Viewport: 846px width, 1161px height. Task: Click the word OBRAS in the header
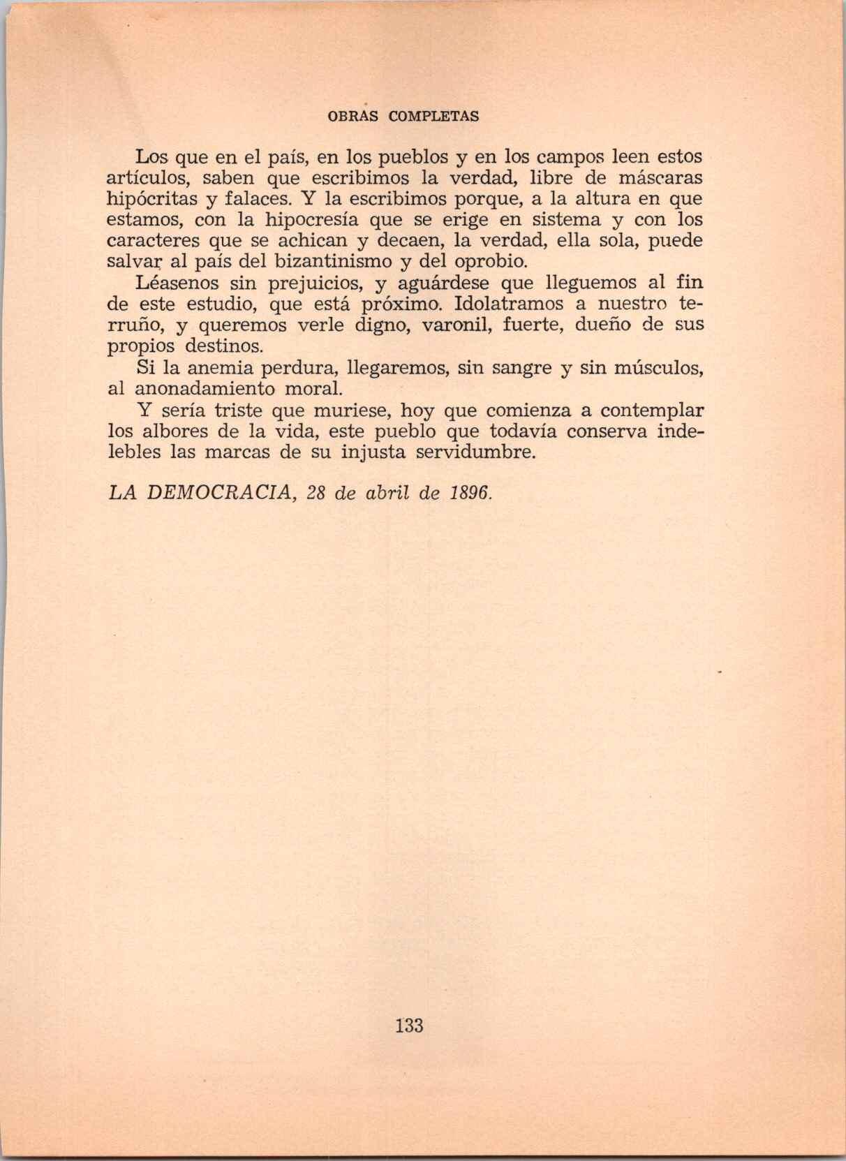point(352,117)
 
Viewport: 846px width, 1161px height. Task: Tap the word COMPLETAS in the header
point(433,117)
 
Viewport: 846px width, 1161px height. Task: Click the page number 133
point(409,1026)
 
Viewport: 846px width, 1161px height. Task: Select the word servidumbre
point(475,452)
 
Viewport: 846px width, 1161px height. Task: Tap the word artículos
point(149,177)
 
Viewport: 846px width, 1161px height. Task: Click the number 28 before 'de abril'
point(317,493)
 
